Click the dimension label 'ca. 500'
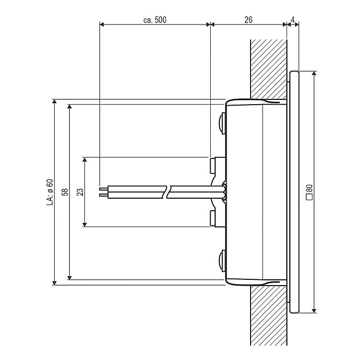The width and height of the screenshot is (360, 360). pyautogui.click(x=155, y=20)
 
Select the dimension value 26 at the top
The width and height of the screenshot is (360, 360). pyautogui.click(x=248, y=20)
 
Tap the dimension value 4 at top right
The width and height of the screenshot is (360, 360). pyautogui.click(x=293, y=20)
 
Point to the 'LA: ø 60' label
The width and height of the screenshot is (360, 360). pyautogui.click(x=50, y=192)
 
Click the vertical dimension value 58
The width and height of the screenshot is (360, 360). pyautogui.click(x=65, y=192)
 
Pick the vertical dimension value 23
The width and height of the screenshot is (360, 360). pyautogui.click(x=80, y=192)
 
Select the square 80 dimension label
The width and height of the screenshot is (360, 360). pyautogui.click(x=309, y=192)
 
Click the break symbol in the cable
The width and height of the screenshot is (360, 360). pyautogui.click(x=167, y=192)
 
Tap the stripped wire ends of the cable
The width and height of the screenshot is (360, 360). pyautogui.click(x=104, y=192)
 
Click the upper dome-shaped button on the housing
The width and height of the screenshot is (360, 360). pyautogui.click(x=222, y=123)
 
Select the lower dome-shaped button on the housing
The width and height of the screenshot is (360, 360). pyautogui.click(x=222, y=261)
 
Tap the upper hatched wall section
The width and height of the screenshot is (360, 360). pyautogui.click(x=269, y=69)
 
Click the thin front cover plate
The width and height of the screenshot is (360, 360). pyautogui.click(x=294, y=192)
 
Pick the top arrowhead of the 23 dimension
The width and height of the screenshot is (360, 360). pyautogui.click(x=84, y=160)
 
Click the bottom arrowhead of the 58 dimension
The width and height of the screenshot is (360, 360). pyautogui.click(x=69, y=277)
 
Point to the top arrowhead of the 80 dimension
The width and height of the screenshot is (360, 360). pyautogui.click(x=314, y=74)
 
